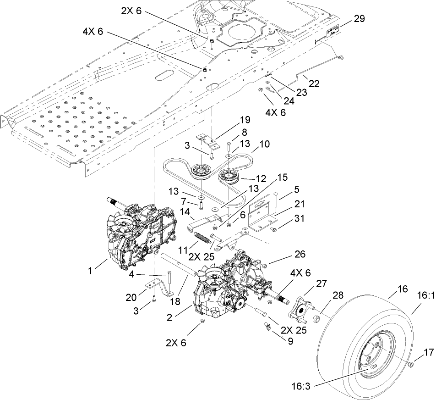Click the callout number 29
[x=360, y=19]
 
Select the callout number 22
[x=314, y=84]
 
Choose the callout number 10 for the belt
[x=265, y=144]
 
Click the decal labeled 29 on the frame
[x=332, y=32]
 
